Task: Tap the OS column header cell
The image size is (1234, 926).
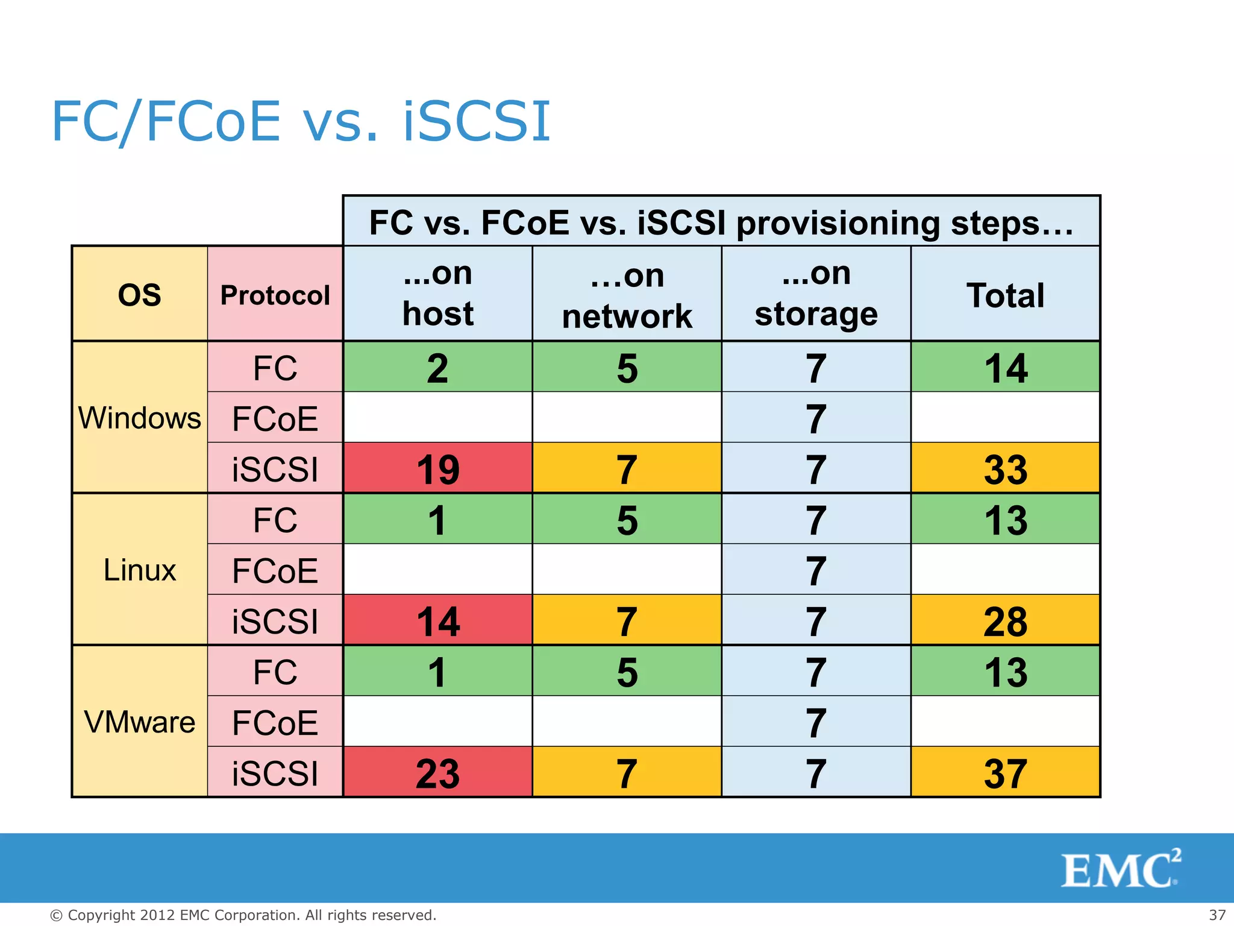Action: (139, 295)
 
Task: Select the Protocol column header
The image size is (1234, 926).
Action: (275, 295)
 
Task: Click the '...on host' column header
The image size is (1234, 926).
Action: (437, 294)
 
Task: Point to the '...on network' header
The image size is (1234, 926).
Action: (627, 295)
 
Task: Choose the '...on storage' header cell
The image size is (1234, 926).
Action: (816, 294)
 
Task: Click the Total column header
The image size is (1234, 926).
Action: (1005, 295)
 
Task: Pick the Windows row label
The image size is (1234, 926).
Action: (139, 418)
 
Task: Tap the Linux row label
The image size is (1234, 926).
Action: (139, 570)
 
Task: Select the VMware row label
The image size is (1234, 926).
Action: (139, 722)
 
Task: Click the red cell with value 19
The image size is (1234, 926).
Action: (437, 469)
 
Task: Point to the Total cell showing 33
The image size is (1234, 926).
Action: (1005, 469)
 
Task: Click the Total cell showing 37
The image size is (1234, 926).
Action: (1005, 773)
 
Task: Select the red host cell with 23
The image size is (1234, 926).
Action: (437, 773)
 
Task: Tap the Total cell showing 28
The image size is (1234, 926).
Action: (1005, 621)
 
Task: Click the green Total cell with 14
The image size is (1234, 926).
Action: (1005, 368)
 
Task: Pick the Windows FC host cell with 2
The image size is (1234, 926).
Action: (437, 368)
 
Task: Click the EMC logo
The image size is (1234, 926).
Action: (1120, 869)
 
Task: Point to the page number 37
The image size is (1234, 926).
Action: (1217, 915)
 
